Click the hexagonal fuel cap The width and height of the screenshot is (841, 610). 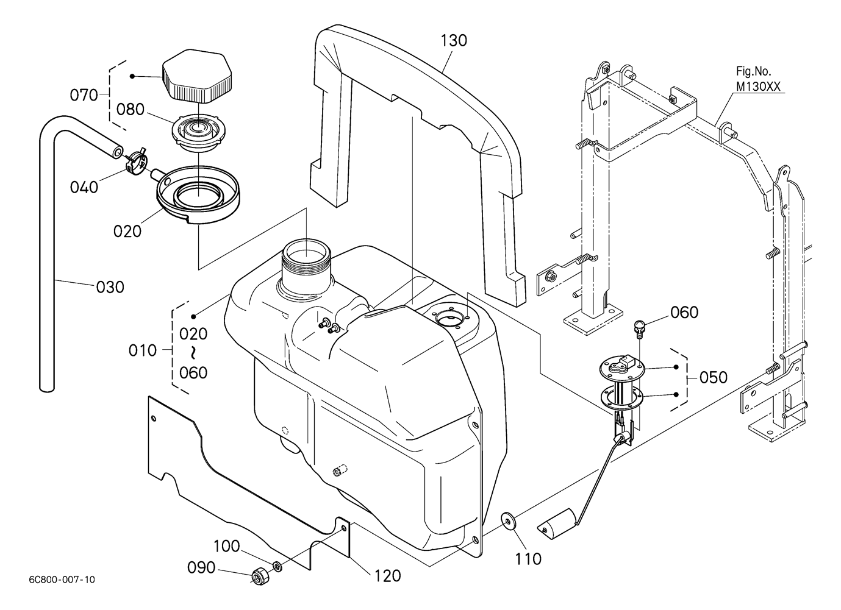click(197, 76)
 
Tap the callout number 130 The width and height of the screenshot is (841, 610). click(454, 41)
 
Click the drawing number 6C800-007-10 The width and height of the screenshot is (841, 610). click(62, 580)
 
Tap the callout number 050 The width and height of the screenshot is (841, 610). click(714, 377)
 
